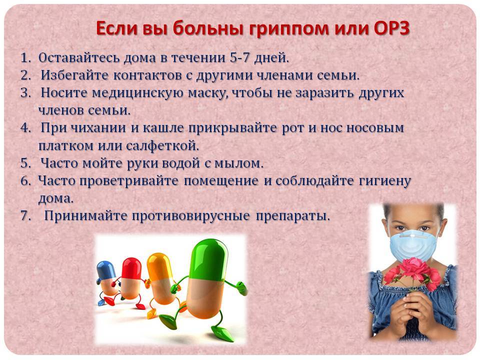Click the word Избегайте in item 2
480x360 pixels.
click(74, 75)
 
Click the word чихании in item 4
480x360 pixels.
click(98, 128)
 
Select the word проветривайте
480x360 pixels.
click(129, 181)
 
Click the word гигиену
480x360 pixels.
click(384, 181)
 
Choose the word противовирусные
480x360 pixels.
click(191, 216)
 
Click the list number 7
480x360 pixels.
click(25, 216)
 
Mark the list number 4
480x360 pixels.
click(25, 128)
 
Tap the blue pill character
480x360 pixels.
click(106, 281)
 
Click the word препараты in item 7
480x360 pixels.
click(293, 216)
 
